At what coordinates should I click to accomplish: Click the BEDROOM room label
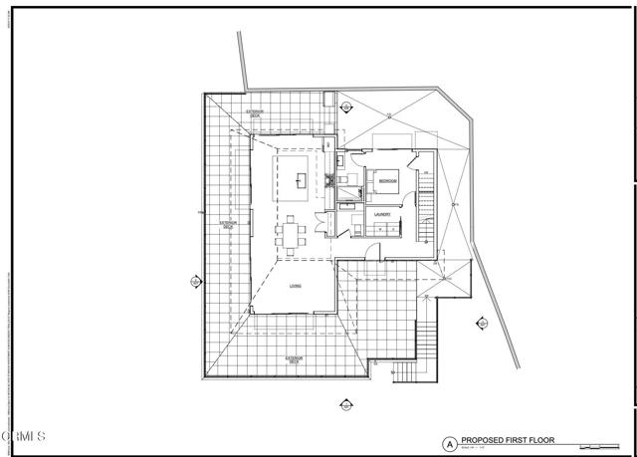(387, 181)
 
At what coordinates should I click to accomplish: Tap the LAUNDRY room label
(381, 214)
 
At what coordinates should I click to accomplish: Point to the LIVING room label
(295, 287)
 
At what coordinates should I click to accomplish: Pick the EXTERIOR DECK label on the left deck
(228, 225)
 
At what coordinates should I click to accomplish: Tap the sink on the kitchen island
(302, 180)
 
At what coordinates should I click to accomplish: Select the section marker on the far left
(196, 282)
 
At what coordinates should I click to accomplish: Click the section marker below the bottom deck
(346, 404)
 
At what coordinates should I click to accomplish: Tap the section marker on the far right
(482, 323)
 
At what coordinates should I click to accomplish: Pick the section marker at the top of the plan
(346, 107)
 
